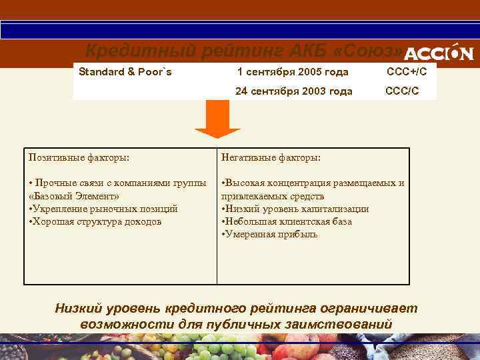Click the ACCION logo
pyautogui.click(x=439, y=53)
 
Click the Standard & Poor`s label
pyautogui.click(x=125, y=71)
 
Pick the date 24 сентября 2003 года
pyautogui.click(x=293, y=91)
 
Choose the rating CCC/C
pyautogui.click(x=402, y=91)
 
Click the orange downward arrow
pyautogui.click(x=217, y=119)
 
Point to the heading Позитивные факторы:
pyautogui.click(x=79, y=157)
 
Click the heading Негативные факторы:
pyautogui.click(x=271, y=157)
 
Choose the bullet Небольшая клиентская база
pyautogui.click(x=287, y=221)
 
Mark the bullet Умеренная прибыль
pyautogui.click(x=270, y=234)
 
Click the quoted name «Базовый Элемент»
pyautogui.click(x=75, y=196)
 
